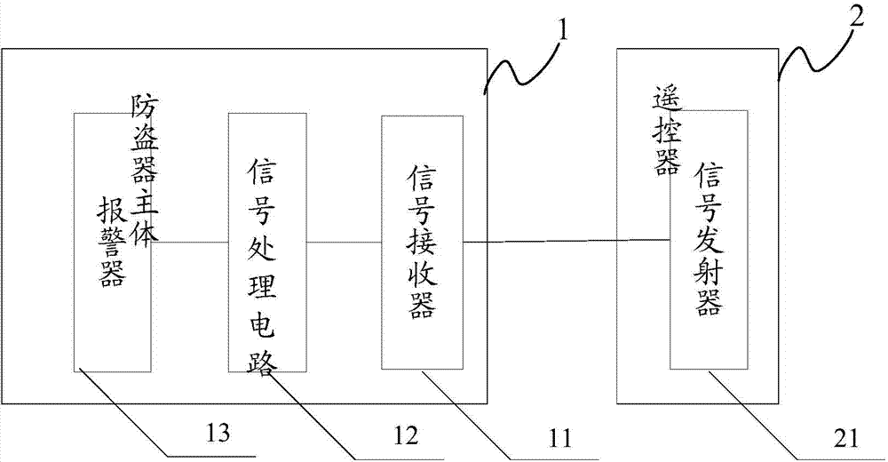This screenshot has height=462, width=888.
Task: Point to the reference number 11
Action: click(x=559, y=436)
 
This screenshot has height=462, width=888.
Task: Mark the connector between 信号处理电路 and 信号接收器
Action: click(x=345, y=240)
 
